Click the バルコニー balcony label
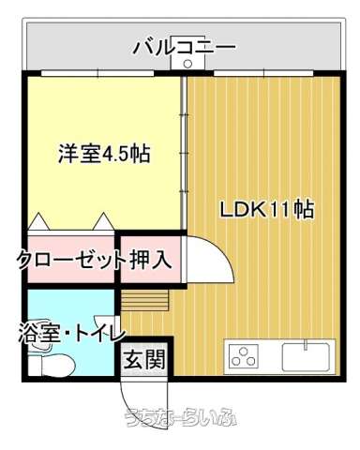click(184, 48)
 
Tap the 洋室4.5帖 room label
click(105, 153)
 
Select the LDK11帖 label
click(267, 210)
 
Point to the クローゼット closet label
click(70, 260)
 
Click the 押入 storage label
click(151, 260)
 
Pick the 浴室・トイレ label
click(72, 333)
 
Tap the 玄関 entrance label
click(144, 359)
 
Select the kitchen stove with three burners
click(244, 356)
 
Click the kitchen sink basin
click(307, 357)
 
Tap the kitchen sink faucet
click(307, 345)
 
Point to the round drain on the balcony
click(187, 64)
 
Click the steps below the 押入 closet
click(145, 300)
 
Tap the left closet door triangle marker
click(39, 221)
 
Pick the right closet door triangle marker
click(103, 221)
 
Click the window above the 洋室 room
click(97, 73)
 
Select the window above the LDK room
click(263, 73)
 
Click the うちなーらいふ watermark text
click(181, 418)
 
